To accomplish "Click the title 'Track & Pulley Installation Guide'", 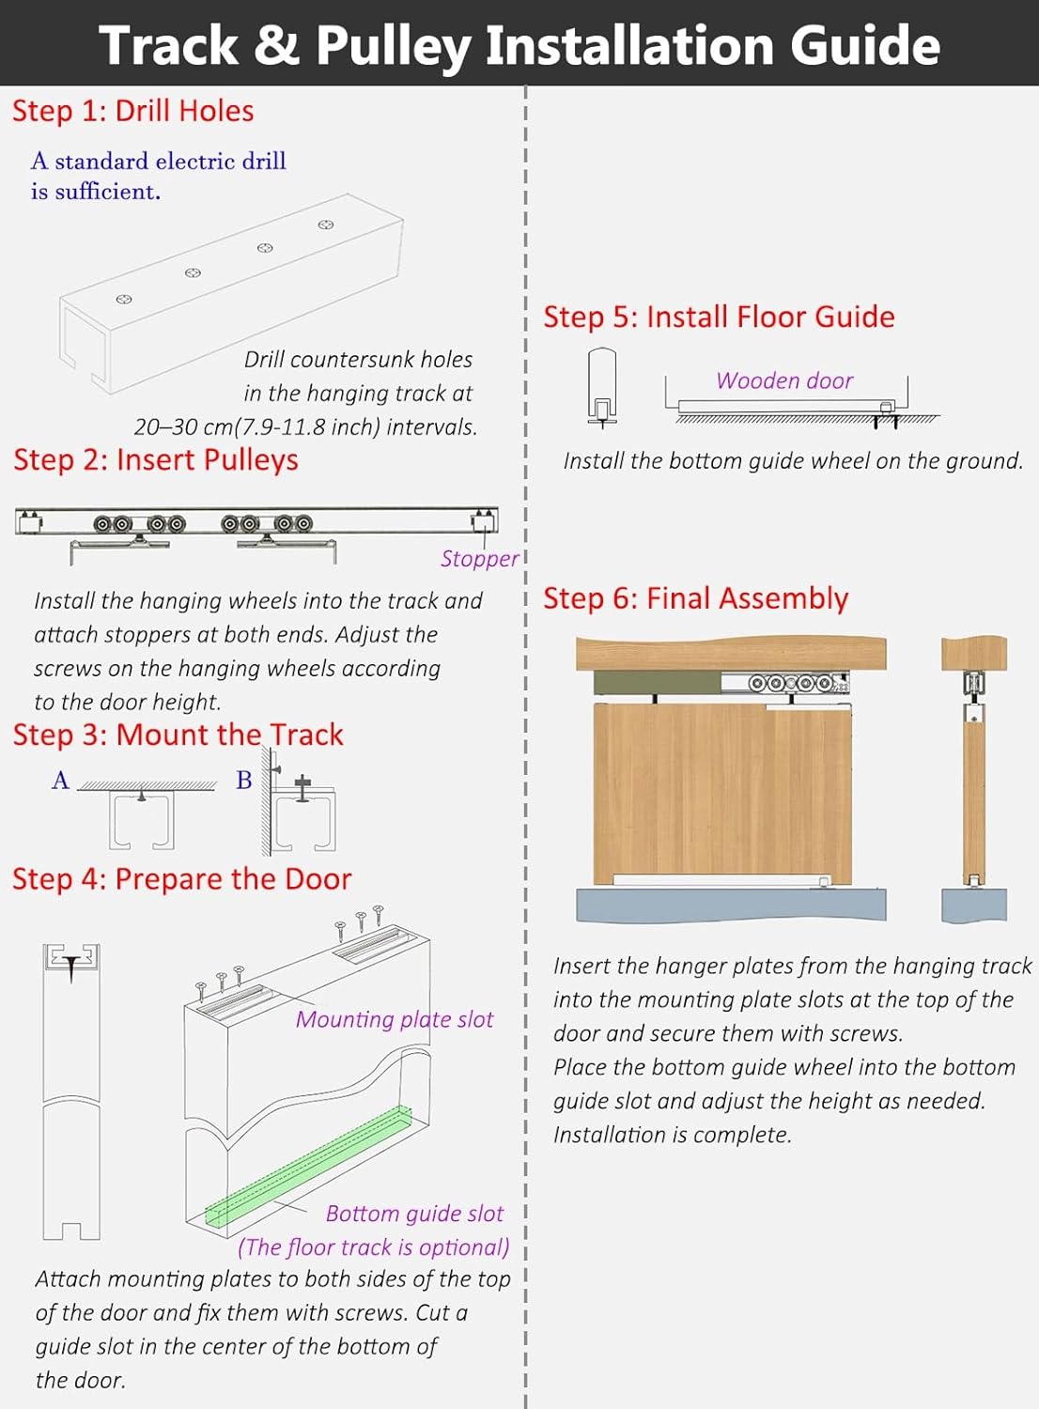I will (519, 45).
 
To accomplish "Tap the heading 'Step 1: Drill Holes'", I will (132, 111).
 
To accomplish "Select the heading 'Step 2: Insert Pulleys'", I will (155, 459).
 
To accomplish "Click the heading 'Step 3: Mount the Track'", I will (178, 734).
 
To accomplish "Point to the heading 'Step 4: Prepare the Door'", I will (181, 878).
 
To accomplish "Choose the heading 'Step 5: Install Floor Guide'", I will (719, 317).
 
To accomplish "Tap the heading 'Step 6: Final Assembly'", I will (695, 597).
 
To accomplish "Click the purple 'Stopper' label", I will (479, 559).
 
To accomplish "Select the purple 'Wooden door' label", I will (784, 380).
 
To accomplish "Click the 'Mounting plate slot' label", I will (394, 1019).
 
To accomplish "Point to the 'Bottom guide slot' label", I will (414, 1213).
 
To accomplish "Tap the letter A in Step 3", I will (60, 780).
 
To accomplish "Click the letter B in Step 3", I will (244, 780).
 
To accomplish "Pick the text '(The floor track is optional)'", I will (373, 1246).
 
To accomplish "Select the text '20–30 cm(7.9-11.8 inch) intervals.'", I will (305, 426).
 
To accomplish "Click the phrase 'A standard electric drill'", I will (158, 161).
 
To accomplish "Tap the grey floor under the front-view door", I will (730, 904).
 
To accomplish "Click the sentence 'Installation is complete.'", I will (672, 1134).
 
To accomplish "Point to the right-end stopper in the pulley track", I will (485, 520).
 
